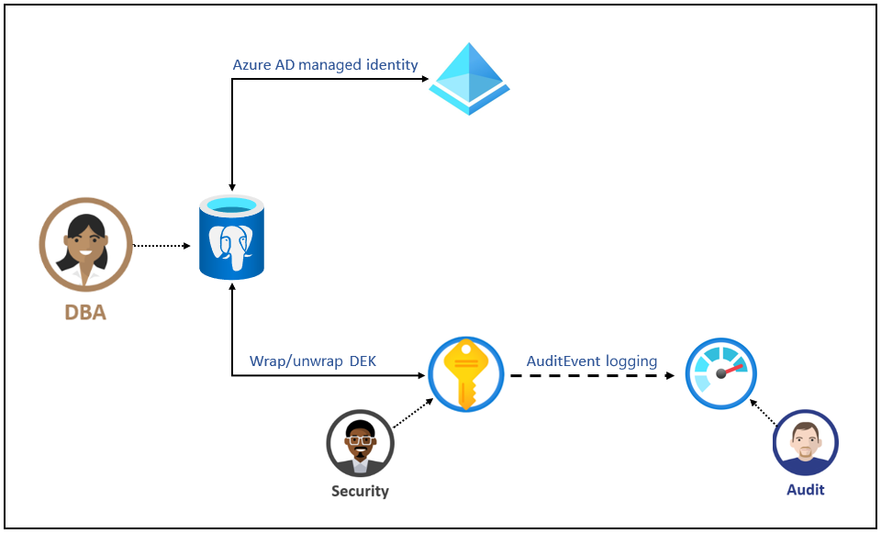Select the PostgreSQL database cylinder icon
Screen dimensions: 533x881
[231, 237]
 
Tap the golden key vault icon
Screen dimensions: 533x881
[465, 374]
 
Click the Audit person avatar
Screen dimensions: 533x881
[805, 443]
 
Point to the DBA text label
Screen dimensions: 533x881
[85, 313]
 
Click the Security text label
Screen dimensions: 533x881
[360, 491]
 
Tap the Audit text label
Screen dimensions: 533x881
[805, 490]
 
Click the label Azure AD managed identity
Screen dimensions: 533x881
[325, 65]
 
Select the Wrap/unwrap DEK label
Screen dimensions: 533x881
[312, 361]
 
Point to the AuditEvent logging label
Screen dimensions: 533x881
[591, 361]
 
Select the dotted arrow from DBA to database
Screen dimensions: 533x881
[162, 246]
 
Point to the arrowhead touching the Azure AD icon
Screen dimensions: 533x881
[425, 79]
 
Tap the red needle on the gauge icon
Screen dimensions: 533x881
[732, 370]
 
